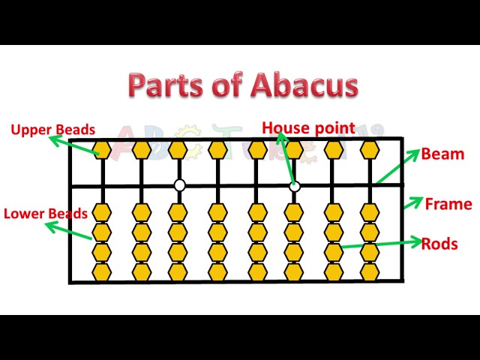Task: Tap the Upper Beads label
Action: (x=52, y=130)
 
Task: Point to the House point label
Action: (x=308, y=128)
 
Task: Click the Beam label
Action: (x=442, y=154)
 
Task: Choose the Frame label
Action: (x=448, y=204)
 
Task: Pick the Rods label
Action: (x=439, y=244)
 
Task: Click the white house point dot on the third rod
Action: (x=179, y=185)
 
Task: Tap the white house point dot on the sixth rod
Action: (x=295, y=185)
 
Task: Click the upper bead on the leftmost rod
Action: (x=102, y=150)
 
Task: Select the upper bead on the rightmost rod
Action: (x=369, y=150)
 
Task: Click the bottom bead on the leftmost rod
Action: (x=102, y=270)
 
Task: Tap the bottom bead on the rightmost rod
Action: (x=369, y=270)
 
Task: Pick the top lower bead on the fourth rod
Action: (x=217, y=212)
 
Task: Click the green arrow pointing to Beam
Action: (x=397, y=166)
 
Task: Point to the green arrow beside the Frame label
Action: (x=412, y=203)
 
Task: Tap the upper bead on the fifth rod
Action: (x=256, y=150)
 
